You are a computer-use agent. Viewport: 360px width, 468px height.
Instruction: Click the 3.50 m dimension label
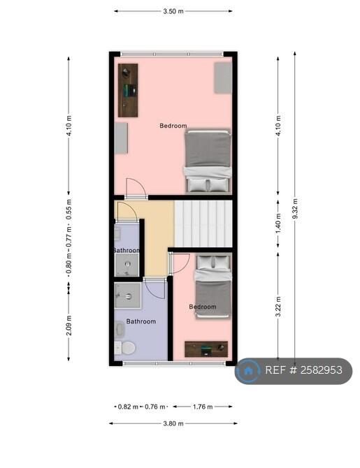click(173, 11)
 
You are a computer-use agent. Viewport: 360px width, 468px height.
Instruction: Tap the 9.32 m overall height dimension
click(295, 208)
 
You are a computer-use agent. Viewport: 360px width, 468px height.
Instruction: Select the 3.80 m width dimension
click(173, 423)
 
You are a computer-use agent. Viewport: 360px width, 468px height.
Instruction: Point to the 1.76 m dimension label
click(203, 407)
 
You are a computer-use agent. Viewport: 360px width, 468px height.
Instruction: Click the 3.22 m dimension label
click(278, 307)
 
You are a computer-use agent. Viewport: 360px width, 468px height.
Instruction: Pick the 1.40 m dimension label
click(278, 224)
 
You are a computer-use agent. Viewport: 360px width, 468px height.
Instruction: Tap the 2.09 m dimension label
click(69, 325)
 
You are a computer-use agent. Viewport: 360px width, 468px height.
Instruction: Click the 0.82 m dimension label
click(128, 407)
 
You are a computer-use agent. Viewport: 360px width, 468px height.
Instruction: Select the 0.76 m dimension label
click(154, 407)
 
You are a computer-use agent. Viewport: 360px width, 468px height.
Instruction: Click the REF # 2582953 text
click(303, 370)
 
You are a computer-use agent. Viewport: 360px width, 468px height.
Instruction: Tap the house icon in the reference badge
click(247, 371)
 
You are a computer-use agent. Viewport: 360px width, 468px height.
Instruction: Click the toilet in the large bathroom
click(125, 348)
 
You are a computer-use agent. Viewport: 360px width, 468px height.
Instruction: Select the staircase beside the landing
click(203, 224)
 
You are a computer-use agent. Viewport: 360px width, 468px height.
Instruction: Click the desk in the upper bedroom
click(128, 90)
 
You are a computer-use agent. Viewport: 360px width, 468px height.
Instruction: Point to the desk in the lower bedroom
click(206, 349)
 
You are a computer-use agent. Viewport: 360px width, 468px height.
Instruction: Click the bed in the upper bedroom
click(208, 161)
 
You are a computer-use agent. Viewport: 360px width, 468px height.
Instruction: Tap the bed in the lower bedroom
click(213, 286)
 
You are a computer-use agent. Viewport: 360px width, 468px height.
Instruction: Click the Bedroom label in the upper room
click(173, 126)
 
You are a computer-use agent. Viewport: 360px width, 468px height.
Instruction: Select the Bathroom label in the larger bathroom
click(141, 321)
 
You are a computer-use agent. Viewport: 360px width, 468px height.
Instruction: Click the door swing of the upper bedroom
click(136, 187)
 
